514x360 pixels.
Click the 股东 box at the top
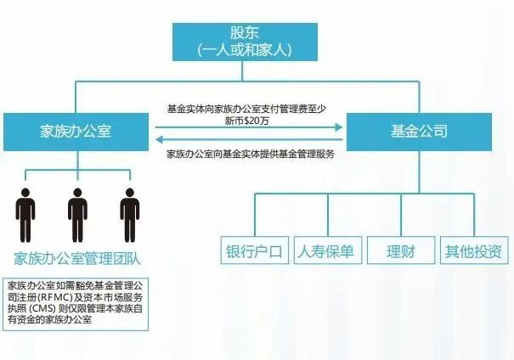(x=245, y=42)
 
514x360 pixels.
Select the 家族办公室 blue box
(x=76, y=132)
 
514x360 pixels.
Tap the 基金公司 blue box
(x=419, y=132)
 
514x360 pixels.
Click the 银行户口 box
(x=255, y=250)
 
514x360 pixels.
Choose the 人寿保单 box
(x=328, y=250)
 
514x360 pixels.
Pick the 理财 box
(x=401, y=250)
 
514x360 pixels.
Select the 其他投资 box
(x=474, y=250)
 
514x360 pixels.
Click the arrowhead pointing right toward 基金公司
(x=339, y=127)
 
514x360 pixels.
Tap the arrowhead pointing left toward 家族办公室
(x=160, y=139)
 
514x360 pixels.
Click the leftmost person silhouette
(x=25, y=215)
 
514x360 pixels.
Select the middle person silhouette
(x=77, y=215)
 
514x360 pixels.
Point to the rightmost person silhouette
(x=130, y=215)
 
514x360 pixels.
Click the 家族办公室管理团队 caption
(x=77, y=259)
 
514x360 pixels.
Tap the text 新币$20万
(x=247, y=121)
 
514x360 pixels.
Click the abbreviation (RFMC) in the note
(x=55, y=298)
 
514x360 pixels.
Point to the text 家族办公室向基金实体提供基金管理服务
(x=251, y=154)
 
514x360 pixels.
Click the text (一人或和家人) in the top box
(x=245, y=50)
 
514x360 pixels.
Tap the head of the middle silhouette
(x=77, y=192)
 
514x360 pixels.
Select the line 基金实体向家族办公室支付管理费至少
(x=247, y=109)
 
